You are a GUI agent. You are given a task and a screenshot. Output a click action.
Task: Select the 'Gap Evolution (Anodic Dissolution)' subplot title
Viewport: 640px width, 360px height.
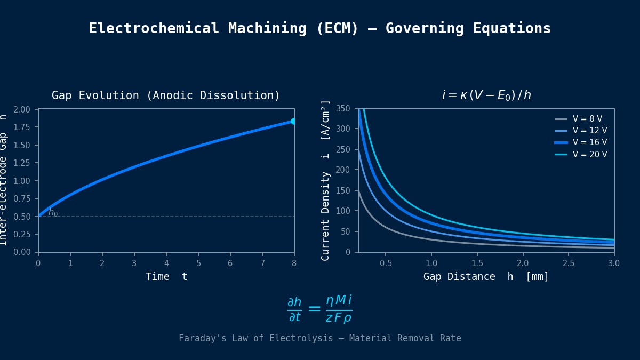[166, 96]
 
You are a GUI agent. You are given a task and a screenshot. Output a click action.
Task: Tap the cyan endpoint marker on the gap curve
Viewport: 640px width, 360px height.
[294, 122]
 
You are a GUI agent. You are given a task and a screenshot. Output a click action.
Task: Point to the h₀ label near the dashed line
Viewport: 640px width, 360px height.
[53, 212]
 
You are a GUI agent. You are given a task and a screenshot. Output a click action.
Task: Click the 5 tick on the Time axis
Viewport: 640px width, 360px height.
[198, 263]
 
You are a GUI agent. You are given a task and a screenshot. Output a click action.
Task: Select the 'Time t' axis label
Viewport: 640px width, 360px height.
[166, 277]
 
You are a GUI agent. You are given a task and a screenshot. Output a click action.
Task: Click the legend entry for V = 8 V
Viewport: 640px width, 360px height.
[587, 119]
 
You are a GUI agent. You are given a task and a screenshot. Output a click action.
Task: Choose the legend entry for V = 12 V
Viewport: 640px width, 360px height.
[589, 131]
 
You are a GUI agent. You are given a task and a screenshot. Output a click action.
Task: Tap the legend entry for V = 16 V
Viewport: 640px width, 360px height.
[589, 142]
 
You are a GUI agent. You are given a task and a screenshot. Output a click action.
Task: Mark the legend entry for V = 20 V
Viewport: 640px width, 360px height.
[589, 155]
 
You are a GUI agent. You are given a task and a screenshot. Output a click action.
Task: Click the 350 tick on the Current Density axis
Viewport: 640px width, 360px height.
[343, 109]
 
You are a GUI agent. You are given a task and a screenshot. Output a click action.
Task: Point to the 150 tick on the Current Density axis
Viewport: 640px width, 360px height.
[343, 190]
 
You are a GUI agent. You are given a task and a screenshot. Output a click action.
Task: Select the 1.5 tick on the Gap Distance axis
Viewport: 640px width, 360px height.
[477, 263]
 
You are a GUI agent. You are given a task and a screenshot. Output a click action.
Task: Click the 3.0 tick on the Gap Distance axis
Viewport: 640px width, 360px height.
[614, 263]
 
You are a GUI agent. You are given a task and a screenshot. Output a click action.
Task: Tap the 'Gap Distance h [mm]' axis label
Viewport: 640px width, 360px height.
[486, 277]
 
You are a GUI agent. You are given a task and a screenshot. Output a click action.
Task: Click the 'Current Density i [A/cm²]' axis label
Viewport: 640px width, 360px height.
[325, 180]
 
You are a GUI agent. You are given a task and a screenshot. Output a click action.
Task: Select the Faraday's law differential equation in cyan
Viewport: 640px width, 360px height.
[319, 309]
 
